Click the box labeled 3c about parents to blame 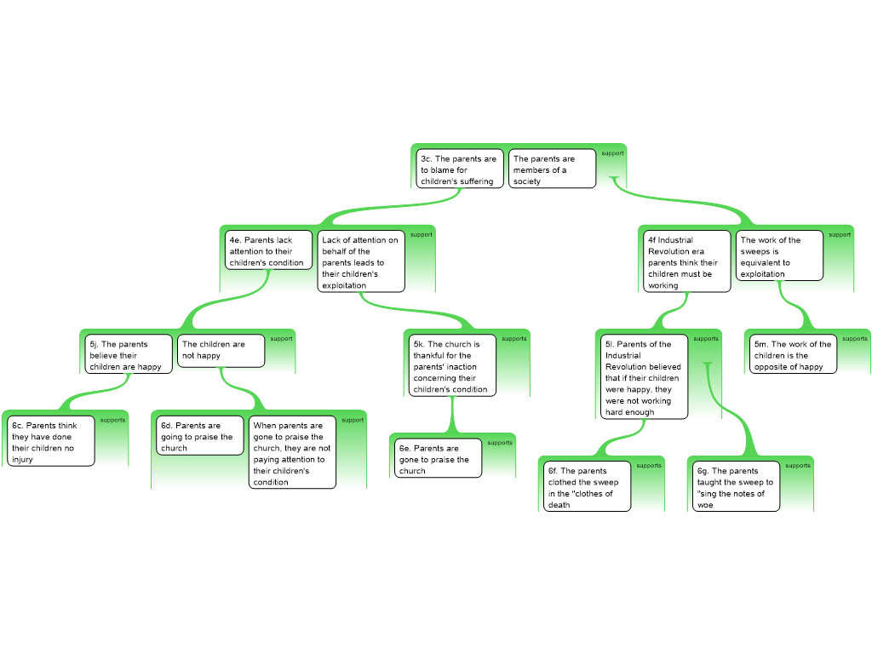[460, 169]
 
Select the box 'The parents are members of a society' [552, 169]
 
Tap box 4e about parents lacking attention [267, 251]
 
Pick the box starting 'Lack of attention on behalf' [360, 261]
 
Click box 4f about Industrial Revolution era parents [687, 261]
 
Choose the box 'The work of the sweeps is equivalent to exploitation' [779, 255]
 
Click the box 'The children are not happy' [221, 350]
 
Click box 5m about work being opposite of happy [793, 354]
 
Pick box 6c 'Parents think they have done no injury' [51, 440]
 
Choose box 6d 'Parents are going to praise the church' [199, 436]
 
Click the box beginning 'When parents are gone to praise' [292, 453]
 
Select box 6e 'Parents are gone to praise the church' [439, 458]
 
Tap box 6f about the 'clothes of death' [588, 486]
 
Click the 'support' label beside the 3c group [612, 153]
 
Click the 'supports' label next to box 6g [798, 466]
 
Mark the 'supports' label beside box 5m [855, 339]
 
